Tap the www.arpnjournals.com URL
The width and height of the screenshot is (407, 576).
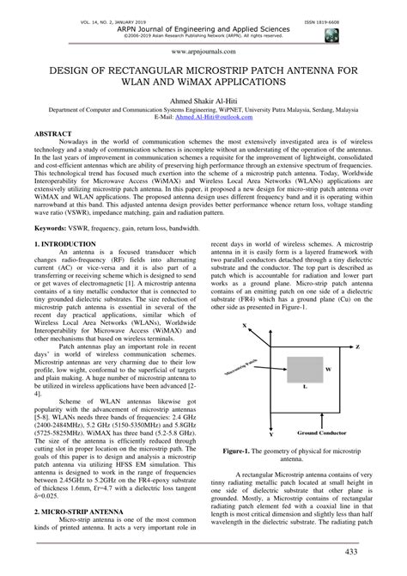point(203,51)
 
